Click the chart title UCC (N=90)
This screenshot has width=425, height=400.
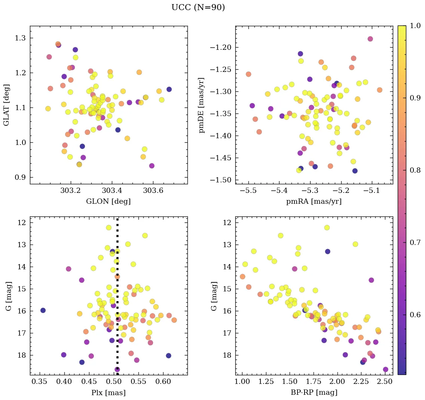tap(198, 7)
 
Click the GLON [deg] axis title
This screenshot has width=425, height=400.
tap(108, 201)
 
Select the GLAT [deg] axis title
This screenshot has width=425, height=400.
tap(6, 105)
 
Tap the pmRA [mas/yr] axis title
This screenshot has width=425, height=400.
tap(314, 201)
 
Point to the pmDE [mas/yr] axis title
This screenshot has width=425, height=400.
tap(202, 105)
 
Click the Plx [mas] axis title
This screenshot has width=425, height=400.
tap(108, 393)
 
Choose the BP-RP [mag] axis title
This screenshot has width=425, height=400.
tap(314, 393)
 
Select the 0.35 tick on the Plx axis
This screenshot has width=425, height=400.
tap(40, 382)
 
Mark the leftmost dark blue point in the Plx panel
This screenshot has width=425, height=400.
tap(43, 310)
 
